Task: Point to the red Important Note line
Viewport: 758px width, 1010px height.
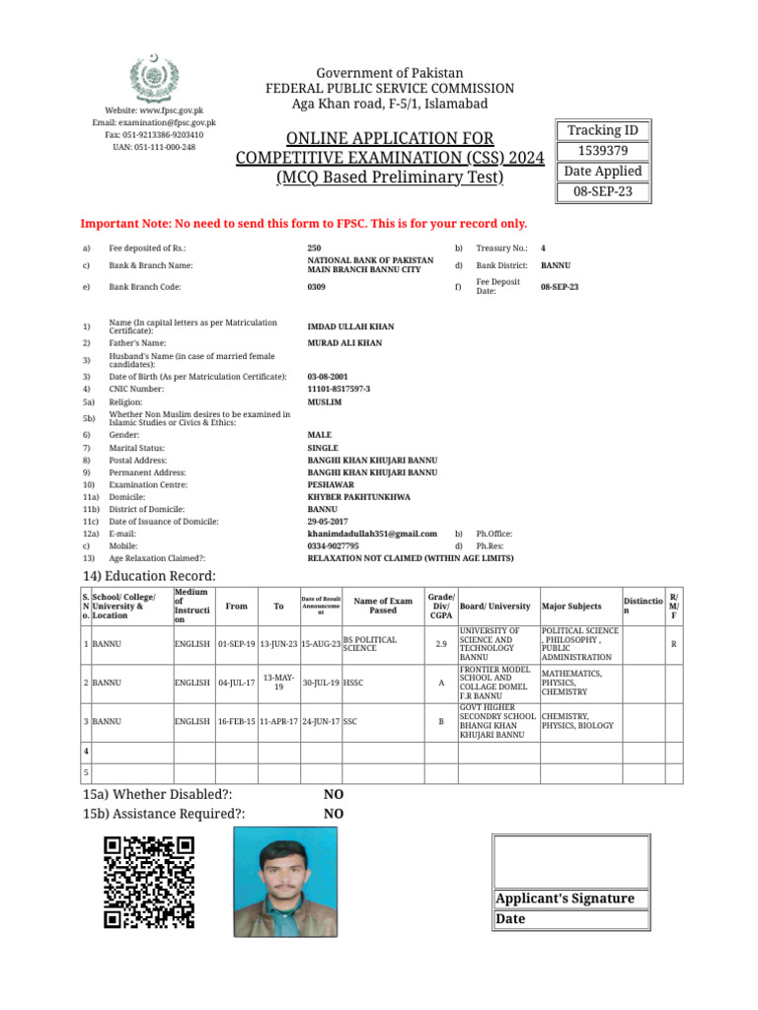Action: (304, 224)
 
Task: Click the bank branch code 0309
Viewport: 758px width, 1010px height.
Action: (317, 287)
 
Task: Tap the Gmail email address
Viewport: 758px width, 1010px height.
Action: (372, 534)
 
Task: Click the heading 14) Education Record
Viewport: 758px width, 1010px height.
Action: (148, 576)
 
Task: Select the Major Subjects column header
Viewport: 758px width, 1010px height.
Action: (571, 605)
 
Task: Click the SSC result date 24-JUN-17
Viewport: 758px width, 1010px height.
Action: (320, 721)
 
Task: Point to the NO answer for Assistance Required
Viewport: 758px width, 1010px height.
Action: (334, 814)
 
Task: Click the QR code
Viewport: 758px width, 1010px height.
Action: (149, 882)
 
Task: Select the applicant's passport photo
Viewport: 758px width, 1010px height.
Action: (283, 881)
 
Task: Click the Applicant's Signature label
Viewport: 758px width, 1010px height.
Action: (565, 899)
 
